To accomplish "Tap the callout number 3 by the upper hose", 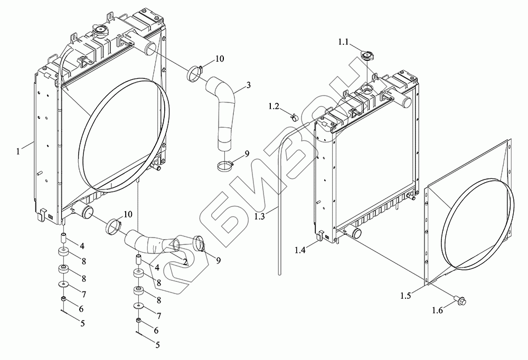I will pyautogui.click(x=248, y=86).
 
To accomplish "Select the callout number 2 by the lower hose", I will pyautogui.click(x=185, y=261).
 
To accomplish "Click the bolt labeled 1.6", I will pyautogui.click(x=458, y=300).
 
